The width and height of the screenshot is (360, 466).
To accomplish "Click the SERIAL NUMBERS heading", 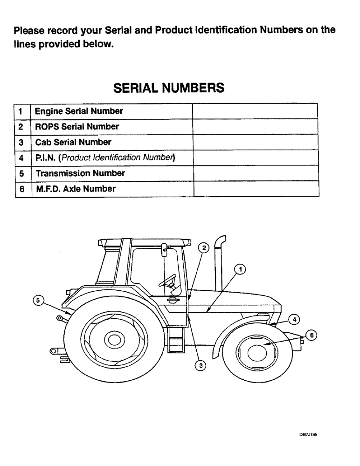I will (169, 88).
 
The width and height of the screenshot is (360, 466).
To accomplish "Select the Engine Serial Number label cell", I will (79, 111).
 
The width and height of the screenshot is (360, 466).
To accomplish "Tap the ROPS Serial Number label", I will (77, 127).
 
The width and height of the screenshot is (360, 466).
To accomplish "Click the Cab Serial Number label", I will (73, 142).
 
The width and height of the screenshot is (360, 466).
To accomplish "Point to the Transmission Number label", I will (80, 173).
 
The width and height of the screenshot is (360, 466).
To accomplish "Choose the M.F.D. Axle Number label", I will (76, 189).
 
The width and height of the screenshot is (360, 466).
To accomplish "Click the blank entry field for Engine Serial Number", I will (255, 111).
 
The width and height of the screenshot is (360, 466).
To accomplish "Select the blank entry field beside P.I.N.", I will (255, 158).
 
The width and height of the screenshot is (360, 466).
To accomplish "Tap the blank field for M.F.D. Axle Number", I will (255, 189).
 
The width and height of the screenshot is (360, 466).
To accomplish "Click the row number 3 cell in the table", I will (21, 142).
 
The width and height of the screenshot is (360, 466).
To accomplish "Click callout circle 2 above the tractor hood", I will (203, 248).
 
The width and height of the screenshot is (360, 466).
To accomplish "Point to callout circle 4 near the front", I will (294, 319).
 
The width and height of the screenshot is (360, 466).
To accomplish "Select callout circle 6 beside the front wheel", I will (312, 335).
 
